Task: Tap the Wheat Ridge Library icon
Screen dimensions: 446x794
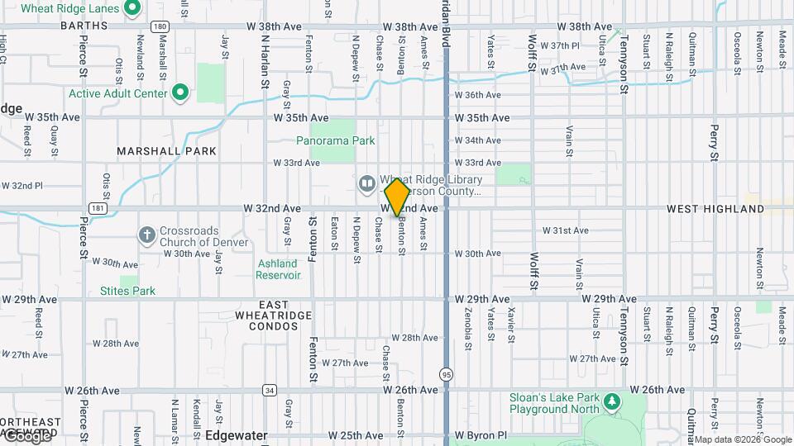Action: coord(366,182)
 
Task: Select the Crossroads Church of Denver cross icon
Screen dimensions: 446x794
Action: coord(147,235)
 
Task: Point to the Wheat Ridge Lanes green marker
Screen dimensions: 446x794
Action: coord(132,8)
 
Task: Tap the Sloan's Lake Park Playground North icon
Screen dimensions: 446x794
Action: coord(612,402)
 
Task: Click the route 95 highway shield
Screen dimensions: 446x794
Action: coord(447,373)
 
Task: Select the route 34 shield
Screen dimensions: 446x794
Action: coord(270,390)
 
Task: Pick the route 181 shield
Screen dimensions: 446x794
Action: coord(98,208)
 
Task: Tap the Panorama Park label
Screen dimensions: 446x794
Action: coord(336,140)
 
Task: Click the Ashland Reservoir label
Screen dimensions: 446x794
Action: coord(277,268)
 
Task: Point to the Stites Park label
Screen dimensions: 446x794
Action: coord(127,291)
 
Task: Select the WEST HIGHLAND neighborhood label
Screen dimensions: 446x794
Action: coord(715,209)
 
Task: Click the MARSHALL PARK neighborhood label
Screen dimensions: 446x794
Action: coord(166,151)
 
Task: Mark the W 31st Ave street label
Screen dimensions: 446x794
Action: coord(566,230)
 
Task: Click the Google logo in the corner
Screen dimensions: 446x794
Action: coord(26,436)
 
